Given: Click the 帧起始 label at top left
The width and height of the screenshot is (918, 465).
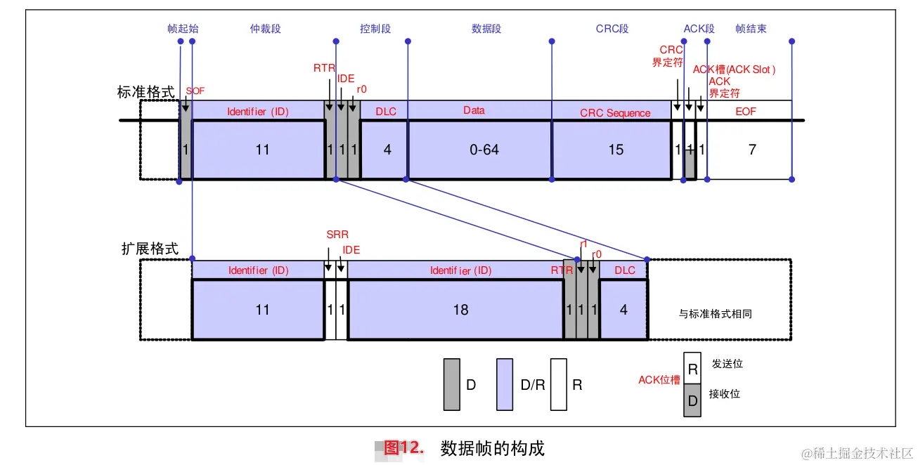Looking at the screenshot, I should [x=183, y=29].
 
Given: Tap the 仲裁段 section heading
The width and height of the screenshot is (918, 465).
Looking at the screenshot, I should [x=265, y=29].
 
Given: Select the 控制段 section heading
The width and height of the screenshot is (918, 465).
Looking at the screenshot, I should [x=375, y=29].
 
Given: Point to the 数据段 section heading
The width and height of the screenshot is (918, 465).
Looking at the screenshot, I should [x=486, y=29].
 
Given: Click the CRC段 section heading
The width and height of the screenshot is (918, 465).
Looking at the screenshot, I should [x=612, y=29].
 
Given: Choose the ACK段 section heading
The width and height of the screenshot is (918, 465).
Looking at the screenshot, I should [x=699, y=29].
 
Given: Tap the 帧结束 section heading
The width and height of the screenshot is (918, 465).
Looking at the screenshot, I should [x=751, y=29].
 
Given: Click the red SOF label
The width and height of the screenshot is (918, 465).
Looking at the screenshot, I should [x=195, y=91].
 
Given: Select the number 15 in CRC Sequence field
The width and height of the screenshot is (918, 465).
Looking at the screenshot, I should [x=616, y=150].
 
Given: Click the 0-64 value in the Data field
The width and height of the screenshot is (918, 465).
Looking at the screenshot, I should [x=484, y=150].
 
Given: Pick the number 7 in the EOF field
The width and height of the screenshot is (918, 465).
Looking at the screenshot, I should [x=752, y=150].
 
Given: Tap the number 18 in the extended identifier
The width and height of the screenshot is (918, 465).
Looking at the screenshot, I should [x=460, y=310].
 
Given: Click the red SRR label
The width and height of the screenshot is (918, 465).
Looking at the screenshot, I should [x=337, y=235].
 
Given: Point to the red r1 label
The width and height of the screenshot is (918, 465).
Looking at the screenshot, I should [x=583, y=244].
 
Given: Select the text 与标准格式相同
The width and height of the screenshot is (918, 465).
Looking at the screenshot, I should [x=715, y=314].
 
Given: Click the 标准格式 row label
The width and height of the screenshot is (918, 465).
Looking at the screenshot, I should [x=146, y=93].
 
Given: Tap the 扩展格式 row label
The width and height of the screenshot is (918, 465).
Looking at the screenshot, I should [x=150, y=249].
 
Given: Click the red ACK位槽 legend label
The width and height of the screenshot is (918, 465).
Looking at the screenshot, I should [x=659, y=380].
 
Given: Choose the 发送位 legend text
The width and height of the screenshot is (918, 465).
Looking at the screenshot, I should [x=727, y=364].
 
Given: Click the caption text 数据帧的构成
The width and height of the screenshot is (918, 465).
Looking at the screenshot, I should [x=492, y=448].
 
